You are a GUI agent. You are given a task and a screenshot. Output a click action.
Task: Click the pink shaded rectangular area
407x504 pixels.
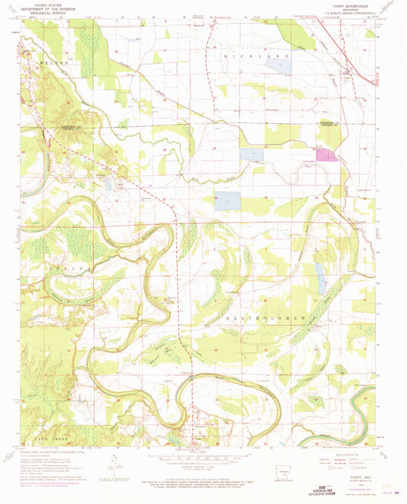(x=326, y=154)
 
